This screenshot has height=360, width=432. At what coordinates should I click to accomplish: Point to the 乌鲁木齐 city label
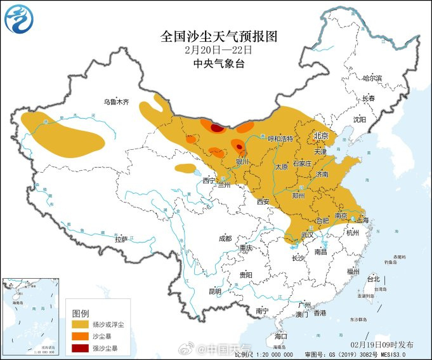(x=116, y=102)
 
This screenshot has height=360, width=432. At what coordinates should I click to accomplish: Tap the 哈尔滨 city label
(x=372, y=78)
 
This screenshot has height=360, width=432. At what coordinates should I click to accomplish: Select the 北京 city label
(x=322, y=136)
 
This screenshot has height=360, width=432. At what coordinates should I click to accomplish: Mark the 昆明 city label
(x=215, y=291)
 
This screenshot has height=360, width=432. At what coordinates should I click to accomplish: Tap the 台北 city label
(x=373, y=279)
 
